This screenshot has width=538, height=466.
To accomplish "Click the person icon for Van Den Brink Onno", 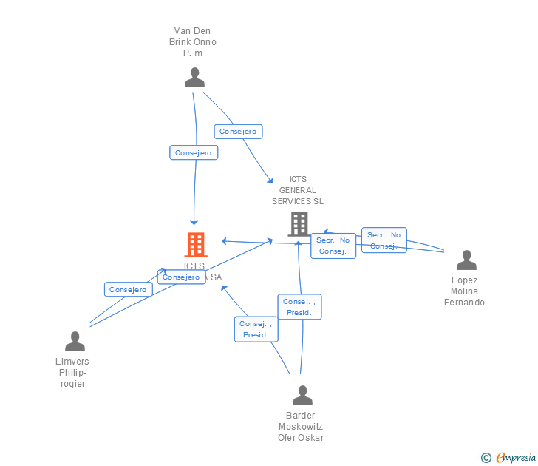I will click(x=194, y=78).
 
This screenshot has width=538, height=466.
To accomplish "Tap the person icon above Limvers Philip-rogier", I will click(x=75, y=342).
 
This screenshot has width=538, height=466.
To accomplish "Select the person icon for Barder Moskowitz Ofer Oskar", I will click(x=302, y=396).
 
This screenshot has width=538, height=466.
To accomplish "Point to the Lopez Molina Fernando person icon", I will click(x=466, y=260).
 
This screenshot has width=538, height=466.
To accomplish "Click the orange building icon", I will click(x=195, y=244).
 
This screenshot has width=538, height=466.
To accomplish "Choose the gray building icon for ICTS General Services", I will click(x=299, y=223).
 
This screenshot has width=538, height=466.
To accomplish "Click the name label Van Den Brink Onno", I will click(x=193, y=42).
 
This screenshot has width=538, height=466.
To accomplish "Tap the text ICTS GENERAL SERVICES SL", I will click(x=298, y=190).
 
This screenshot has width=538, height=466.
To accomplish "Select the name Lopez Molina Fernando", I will click(x=464, y=291).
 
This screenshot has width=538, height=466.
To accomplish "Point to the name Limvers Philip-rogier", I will click(x=72, y=373).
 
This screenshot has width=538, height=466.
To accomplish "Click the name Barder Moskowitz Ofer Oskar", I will click(x=301, y=427).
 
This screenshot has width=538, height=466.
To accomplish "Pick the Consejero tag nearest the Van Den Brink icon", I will click(x=238, y=132).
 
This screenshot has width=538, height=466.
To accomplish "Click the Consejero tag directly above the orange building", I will click(x=193, y=153).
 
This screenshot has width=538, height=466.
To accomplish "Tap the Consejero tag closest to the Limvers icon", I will click(x=128, y=290).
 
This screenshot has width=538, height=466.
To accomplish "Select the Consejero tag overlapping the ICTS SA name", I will click(x=181, y=277).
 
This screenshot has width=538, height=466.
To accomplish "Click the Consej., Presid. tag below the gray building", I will click(x=299, y=307).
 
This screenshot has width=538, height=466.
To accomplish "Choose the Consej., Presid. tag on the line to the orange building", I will click(x=256, y=329).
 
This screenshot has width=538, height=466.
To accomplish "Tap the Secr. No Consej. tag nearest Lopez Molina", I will click(x=384, y=240).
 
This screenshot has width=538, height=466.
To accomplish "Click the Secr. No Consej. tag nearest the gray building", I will click(x=333, y=246).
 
